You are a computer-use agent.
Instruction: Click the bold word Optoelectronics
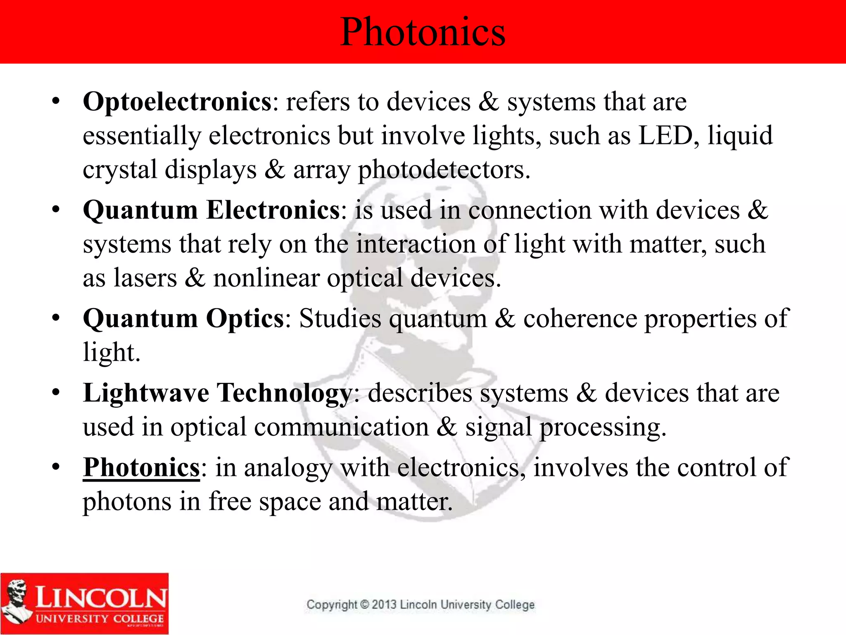coord(177,102)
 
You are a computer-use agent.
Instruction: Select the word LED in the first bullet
coord(665,136)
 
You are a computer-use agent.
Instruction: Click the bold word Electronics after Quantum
coord(273,210)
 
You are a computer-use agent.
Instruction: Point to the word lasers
coord(145,278)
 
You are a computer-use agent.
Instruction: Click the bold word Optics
coord(245,318)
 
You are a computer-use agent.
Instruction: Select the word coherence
coord(580,318)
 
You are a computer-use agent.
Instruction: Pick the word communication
coord(341,427)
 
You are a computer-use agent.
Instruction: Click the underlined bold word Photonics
coord(141,468)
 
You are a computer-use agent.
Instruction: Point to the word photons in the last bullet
coord(127,502)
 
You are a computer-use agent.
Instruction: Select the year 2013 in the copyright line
coord(384,605)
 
